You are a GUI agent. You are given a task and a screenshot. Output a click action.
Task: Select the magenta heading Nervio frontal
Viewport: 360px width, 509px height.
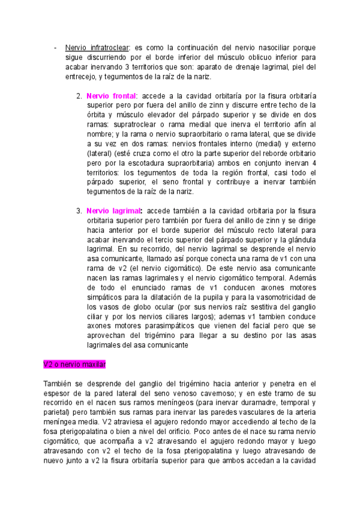pos(112,95)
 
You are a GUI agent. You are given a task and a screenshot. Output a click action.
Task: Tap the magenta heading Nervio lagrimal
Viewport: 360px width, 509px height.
pos(114,211)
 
